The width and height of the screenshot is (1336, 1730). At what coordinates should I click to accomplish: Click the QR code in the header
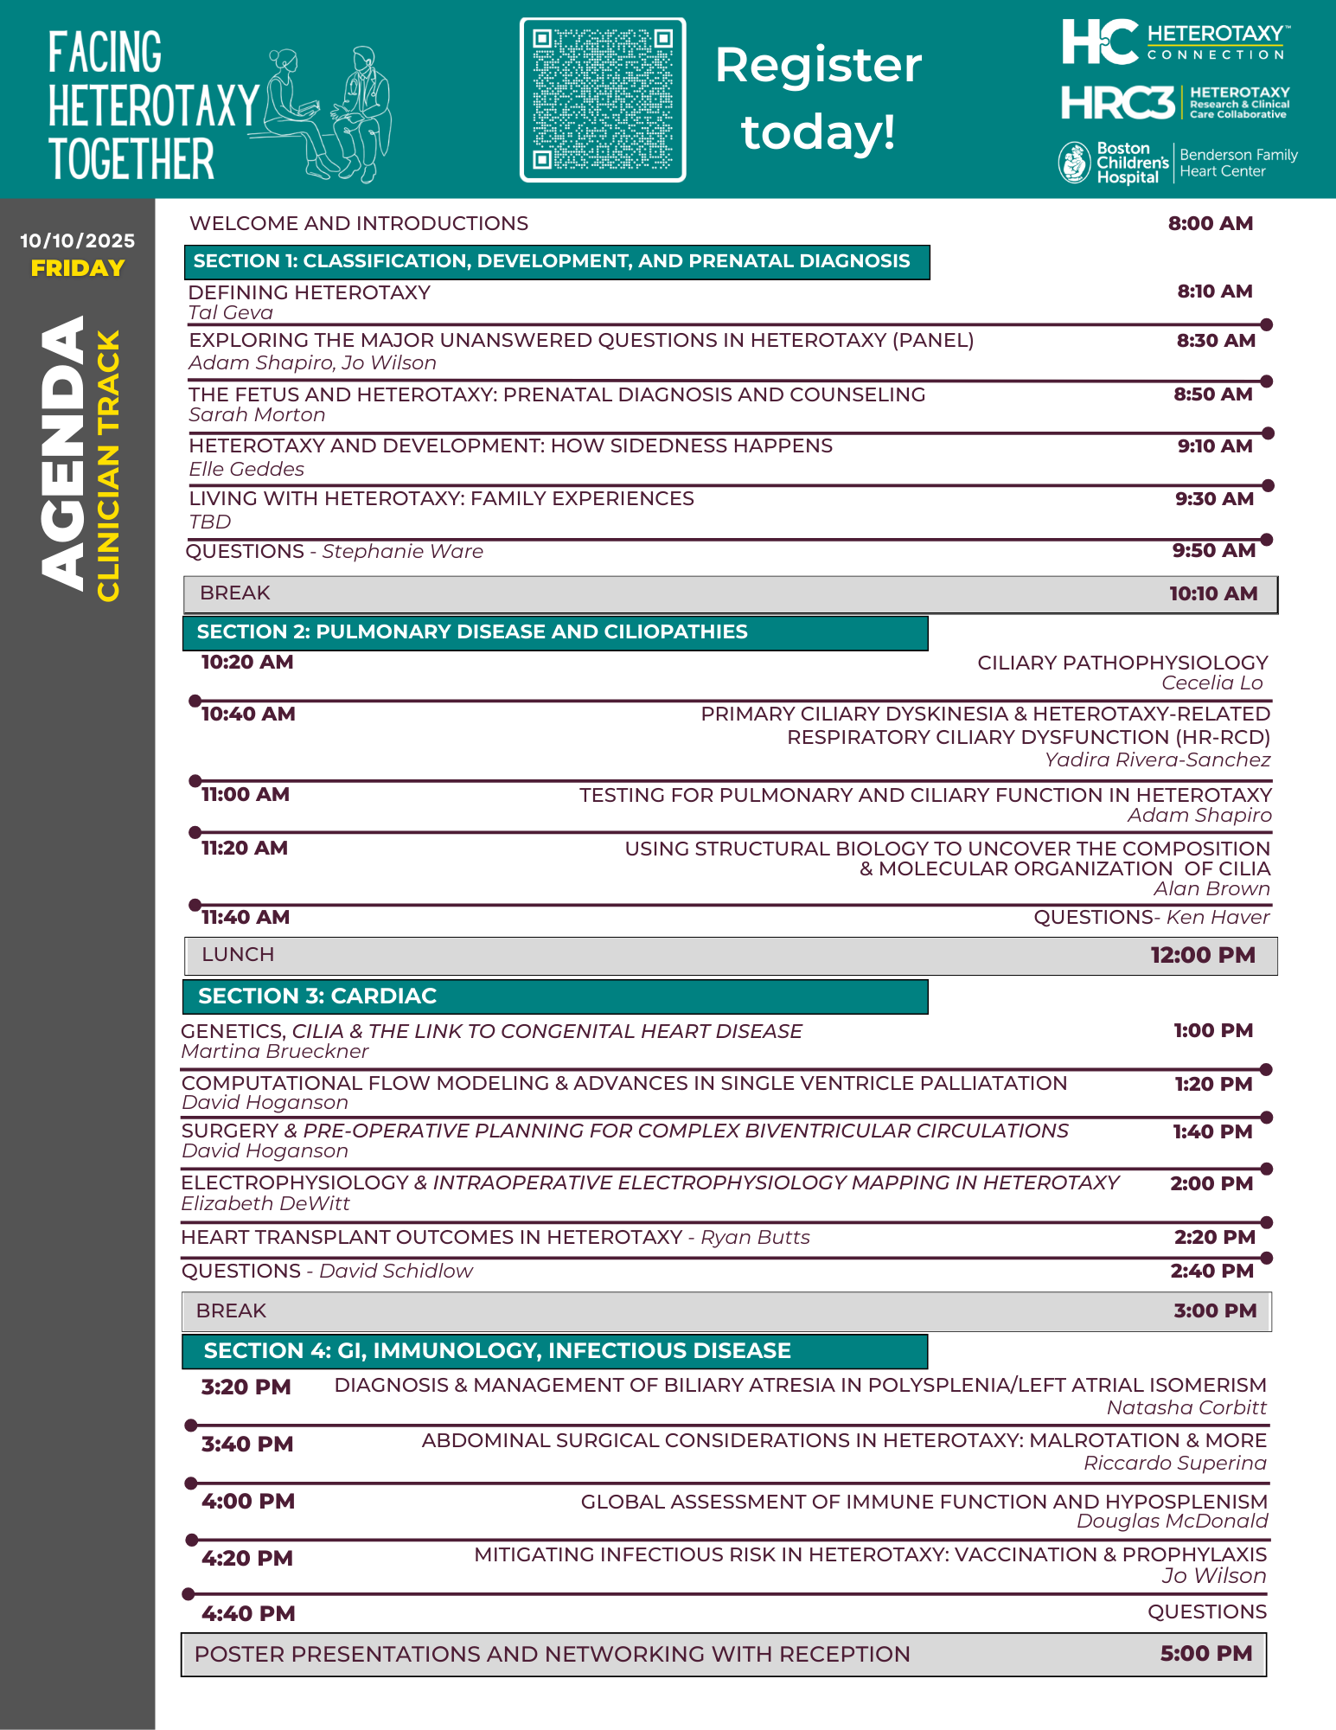pyautogui.click(x=603, y=99)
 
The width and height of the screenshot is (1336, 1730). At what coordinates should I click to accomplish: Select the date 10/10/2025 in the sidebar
pyautogui.click(x=78, y=240)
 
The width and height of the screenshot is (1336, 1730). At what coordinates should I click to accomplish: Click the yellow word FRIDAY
pyautogui.click(x=78, y=268)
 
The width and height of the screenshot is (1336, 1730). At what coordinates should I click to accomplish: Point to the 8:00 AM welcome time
pyautogui.click(x=1210, y=223)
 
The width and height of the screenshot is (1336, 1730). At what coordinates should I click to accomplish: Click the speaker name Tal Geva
pyautogui.click(x=231, y=313)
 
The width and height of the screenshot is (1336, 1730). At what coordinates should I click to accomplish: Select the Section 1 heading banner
pyautogui.click(x=556, y=261)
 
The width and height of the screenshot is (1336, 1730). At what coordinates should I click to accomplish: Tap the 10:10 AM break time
pyautogui.click(x=1213, y=593)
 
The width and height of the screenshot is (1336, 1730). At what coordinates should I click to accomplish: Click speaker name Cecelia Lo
pyautogui.click(x=1211, y=683)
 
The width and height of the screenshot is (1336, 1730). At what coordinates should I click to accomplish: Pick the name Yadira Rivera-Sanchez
pyautogui.click(x=1157, y=759)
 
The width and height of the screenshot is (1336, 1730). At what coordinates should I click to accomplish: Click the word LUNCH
pyautogui.click(x=238, y=954)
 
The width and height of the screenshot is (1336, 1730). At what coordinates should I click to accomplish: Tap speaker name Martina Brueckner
pyautogui.click(x=275, y=1051)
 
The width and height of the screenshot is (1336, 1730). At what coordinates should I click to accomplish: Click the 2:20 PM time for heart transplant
pyautogui.click(x=1214, y=1237)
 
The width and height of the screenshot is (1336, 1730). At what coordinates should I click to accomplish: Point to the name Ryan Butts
pyautogui.click(x=755, y=1237)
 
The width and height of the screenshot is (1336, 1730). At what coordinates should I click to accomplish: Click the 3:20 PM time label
pyautogui.click(x=246, y=1387)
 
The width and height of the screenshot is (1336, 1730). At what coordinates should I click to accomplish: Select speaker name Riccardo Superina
pyautogui.click(x=1174, y=1463)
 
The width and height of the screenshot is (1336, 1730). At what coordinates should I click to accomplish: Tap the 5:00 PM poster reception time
pyautogui.click(x=1206, y=1653)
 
